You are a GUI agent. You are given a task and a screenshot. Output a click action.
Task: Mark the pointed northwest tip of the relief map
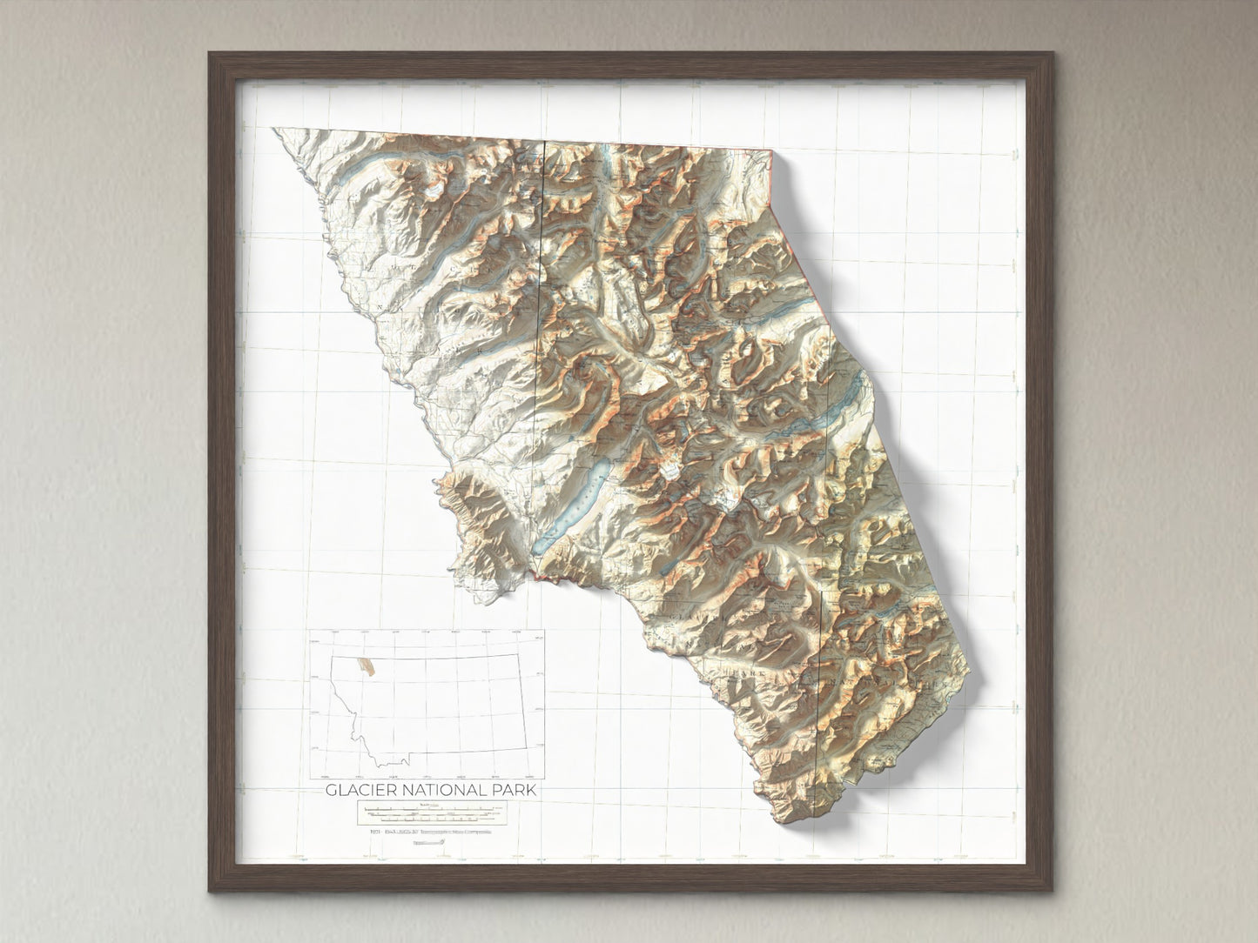point(274,130)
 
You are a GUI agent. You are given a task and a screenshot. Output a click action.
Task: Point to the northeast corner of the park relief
point(773,152)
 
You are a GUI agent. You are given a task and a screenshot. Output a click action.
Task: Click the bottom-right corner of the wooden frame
point(1050,892)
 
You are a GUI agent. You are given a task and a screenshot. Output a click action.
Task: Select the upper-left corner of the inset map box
point(308,632)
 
